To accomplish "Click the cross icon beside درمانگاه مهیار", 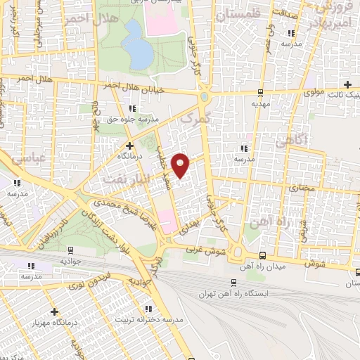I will tap(54, 311).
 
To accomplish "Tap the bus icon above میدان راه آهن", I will tap(262, 255).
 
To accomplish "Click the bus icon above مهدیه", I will tap(260, 92).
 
